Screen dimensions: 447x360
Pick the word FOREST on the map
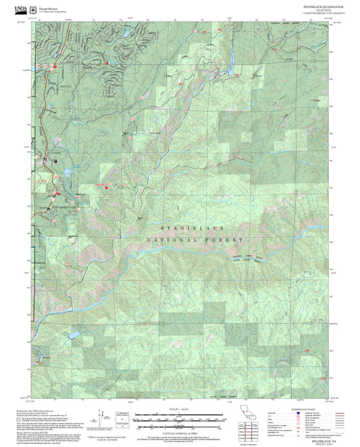pos(226,240)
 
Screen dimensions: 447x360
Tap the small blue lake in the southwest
pos(72,334)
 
